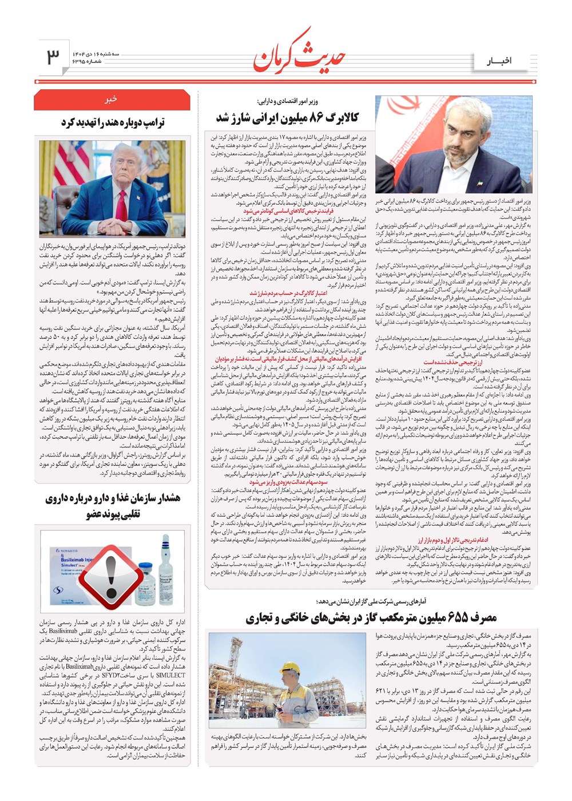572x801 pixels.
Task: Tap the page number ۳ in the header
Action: [53, 56]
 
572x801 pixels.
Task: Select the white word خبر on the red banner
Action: [110, 99]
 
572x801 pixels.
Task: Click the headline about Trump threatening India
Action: [113, 123]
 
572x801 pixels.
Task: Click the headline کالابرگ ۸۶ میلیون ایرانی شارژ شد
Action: [287, 118]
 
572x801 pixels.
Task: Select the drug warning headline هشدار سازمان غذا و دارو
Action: [113, 506]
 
